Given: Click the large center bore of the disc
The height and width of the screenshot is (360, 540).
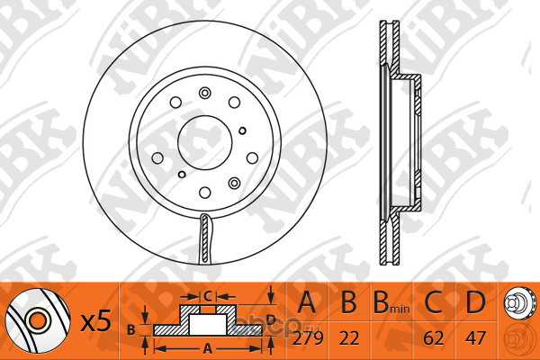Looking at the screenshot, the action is pyautogui.click(x=205, y=142).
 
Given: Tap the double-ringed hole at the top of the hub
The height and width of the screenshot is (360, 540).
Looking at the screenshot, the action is pyautogui.click(x=205, y=93).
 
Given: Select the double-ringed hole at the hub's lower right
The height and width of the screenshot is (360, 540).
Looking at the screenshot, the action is pyautogui.click(x=235, y=183).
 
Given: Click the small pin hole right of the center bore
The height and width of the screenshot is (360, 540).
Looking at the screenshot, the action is pyautogui.click(x=242, y=130).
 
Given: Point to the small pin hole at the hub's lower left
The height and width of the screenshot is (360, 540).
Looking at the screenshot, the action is pyautogui.click(x=182, y=175).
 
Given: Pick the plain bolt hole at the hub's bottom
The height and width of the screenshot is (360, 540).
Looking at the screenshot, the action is pyautogui.click(x=205, y=193).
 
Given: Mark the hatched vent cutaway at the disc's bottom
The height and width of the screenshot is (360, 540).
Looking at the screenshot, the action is pyautogui.click(x=205, y=238).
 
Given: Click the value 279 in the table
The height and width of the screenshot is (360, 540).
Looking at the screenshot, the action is pyautogui.click(x=308, y=338).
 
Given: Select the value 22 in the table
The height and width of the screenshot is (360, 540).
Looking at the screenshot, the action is pyautogui.click(x=349, y=338).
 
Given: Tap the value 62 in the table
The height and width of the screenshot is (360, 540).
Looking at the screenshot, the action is pyautogui.click(x=433, y=338).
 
